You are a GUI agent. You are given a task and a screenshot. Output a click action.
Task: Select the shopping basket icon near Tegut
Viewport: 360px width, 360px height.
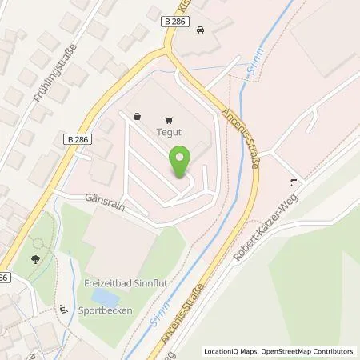pyautogui.click(x=138, y=116)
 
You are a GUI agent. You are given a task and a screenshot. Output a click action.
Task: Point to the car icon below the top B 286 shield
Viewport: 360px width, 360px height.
pyautogui.click(x=199, y=30)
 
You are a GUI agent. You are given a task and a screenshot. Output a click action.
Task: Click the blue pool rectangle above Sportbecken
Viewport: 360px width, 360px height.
pyautogui.click(x=103, y=296)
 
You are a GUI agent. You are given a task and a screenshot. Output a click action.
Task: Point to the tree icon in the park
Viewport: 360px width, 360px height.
pyautogui.click(x=34, y=259)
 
